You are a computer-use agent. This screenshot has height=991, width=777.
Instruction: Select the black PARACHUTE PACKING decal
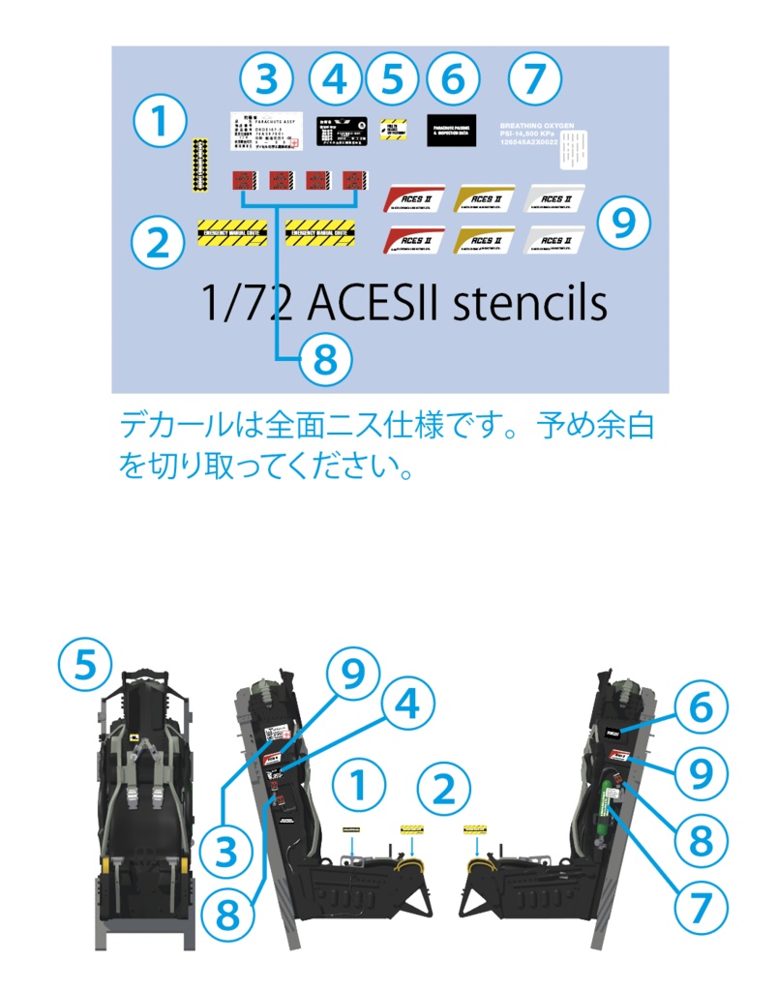pos(452,130)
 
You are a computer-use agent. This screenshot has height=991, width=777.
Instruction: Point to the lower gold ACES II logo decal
pos(484,241)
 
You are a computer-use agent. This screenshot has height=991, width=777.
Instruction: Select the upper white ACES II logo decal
pos(554,198)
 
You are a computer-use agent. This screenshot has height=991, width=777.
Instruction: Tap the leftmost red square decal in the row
pos(242,179)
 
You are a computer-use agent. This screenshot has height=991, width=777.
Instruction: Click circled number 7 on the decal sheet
pos(536,79)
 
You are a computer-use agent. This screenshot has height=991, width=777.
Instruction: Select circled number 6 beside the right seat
pos(699,706)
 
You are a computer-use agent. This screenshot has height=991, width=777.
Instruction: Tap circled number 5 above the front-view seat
pos(85,666)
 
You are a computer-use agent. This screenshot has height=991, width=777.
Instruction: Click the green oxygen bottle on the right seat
pos(613,800)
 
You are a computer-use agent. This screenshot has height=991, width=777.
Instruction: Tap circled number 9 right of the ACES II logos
pos(623,224)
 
